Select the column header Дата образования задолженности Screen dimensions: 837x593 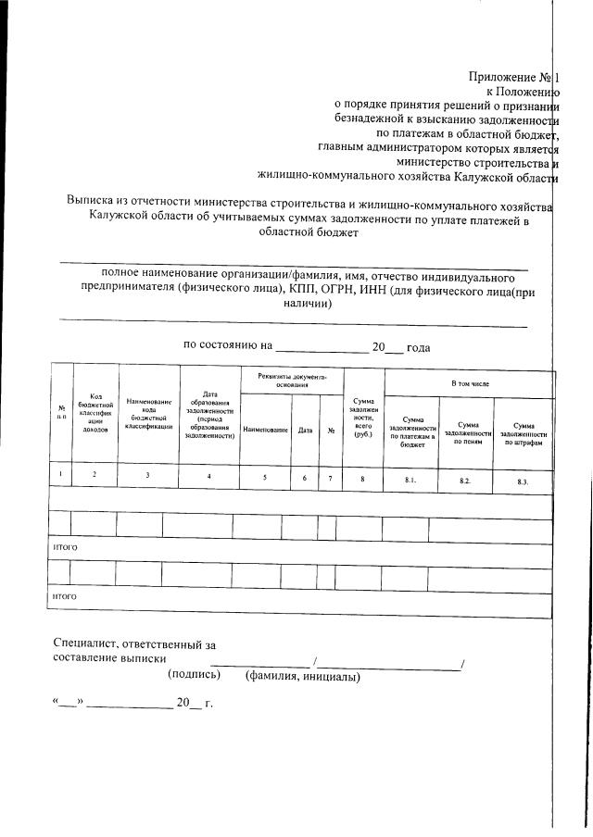coord(208,418)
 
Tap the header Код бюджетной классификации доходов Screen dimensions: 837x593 coord(95,412)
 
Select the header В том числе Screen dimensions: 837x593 coord(470,382)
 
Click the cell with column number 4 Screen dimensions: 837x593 coord(208,476)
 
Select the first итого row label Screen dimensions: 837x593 coord(64,547)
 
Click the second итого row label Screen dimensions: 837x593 coord(64,596)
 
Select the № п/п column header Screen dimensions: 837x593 coord(61,414)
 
